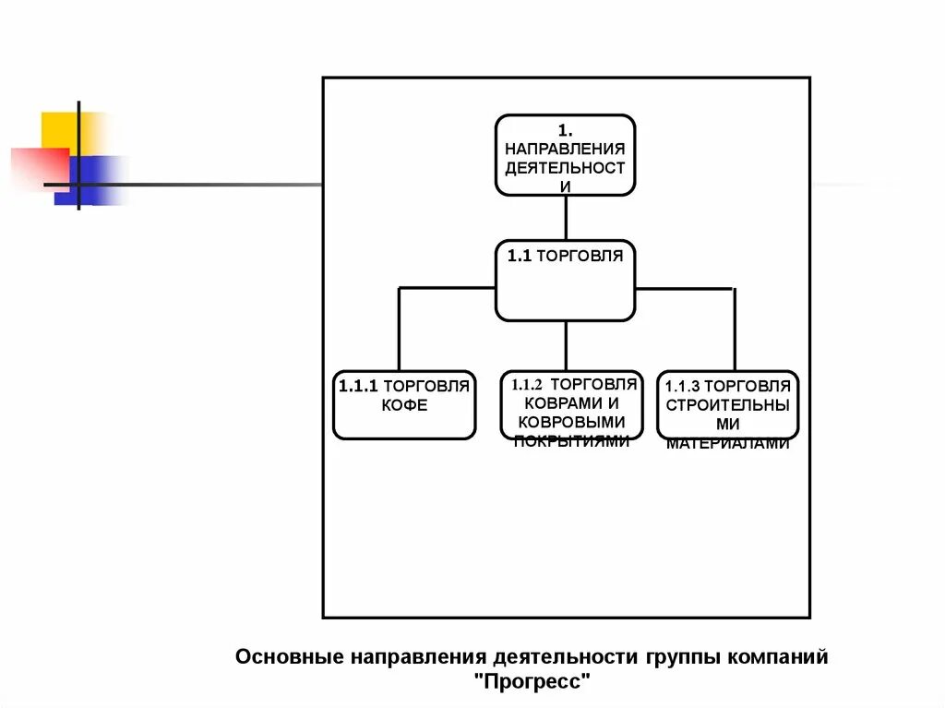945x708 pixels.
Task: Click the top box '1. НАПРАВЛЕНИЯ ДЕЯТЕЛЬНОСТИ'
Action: [565, 155]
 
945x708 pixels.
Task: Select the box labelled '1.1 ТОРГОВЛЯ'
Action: [565, 281]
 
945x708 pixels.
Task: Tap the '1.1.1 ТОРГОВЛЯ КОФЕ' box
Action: [404, 404]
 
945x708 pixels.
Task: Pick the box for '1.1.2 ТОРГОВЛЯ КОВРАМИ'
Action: [571, 405]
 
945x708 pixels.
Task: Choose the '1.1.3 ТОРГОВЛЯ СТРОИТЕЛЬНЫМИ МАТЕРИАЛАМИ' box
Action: [727, 405]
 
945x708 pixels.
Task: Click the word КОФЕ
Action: [404, 406]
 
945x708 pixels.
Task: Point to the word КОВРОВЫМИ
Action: [572, 422]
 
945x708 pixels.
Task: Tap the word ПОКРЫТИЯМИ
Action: [572, 441]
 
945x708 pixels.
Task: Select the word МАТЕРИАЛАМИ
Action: [728, 443]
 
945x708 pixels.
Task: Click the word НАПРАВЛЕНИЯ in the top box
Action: [565, 148]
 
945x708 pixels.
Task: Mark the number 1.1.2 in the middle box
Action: [530, 384]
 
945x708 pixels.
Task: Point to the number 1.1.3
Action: [686, 387]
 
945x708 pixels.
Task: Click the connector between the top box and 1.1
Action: [566, 218]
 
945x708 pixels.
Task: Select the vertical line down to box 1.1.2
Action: [566, 346]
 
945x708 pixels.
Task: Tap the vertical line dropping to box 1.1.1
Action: [399, 329]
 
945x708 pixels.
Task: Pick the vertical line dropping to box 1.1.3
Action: [735, 329]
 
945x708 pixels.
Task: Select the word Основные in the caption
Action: [288, 657]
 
